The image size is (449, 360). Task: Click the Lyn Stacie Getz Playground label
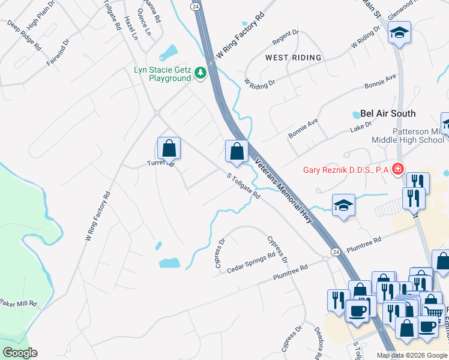[x=161, y=74]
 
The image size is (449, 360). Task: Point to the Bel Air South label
[x=388, y=113]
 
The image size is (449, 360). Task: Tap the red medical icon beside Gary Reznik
[x=396, y=170]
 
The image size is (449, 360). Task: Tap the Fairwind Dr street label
[x=59, y=53]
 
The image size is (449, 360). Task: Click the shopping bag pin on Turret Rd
[x=169, y=148]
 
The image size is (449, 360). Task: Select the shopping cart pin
[x=432, y=310]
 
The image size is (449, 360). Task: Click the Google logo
[x=20, y=353]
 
